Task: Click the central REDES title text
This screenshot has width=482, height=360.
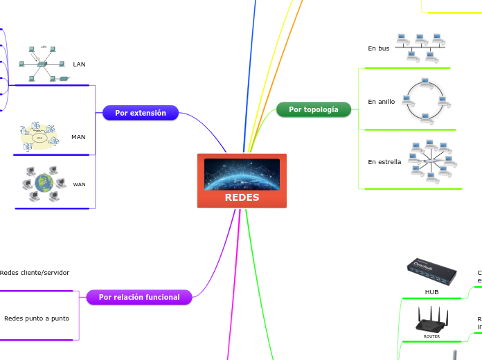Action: pos(242,197)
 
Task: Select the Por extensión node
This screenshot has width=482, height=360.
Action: pos(141,113)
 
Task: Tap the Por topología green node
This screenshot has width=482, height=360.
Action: pos(314,109)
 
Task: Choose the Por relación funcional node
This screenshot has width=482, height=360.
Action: pos(139,297)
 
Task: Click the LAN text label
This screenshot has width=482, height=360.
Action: pos(79,64)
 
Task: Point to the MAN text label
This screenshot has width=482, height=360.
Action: pos(78,137)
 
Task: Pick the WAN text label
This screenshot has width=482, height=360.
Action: pos(79,185)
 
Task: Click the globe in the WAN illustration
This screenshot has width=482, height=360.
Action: pos(44,183)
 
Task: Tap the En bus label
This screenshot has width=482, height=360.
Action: pos(378,48)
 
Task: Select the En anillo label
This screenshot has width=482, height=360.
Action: pos(381,102)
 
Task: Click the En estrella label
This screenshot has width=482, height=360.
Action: pos(384,162)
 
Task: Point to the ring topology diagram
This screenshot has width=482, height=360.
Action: pos(427,101)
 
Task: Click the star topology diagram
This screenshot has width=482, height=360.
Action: pos(431,162)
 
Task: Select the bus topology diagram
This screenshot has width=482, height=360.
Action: pos(420,47)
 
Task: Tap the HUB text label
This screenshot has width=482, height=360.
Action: pos(431,292)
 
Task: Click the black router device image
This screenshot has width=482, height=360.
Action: pos(431,322)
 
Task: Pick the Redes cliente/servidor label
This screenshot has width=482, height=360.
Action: pos(35,273)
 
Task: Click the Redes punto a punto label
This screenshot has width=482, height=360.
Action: pos(37,318)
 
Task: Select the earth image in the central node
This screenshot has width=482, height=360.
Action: pos(242,174)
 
